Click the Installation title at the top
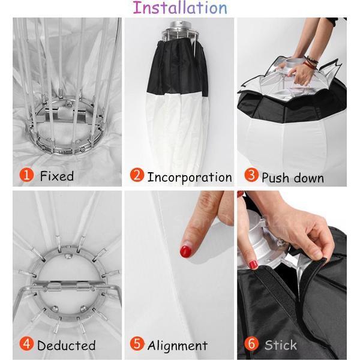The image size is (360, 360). [180, 8]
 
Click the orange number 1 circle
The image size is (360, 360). [26, 176]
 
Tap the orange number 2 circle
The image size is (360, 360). [137, 176]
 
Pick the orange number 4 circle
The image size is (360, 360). [26, 344]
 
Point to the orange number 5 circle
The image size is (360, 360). [137, 344]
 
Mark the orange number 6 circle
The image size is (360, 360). [251, 344]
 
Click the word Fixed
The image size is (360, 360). [57, 176]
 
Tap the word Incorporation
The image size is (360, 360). [189, 177]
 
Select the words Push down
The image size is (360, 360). [293, 178]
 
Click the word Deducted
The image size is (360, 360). [66, 345]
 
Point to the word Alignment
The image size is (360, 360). [178, 346]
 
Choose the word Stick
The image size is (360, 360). [281, 345]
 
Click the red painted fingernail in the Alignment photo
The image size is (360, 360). [186, 251]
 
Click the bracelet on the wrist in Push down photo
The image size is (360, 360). [310, 61]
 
